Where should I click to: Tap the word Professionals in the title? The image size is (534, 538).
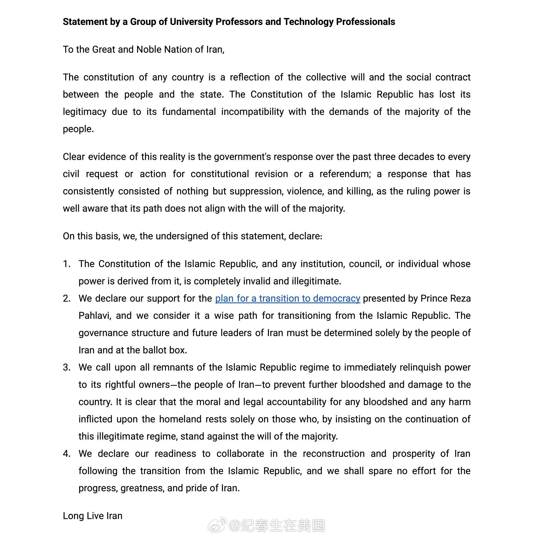click(x=365, y=22)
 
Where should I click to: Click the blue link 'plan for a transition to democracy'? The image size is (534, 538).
click(x=287, y=298)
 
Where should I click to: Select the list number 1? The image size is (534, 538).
click(x=66, y=264)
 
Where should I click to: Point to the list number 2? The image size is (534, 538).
click(x=66, y=298)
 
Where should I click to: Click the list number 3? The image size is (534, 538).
click(x=66, y=367)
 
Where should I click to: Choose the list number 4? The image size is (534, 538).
click(x=66, y=454)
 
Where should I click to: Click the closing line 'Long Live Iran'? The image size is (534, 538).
click(x=92, y=516)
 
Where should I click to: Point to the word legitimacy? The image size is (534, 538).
click(x=84, y=112)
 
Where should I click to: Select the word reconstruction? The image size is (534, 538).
click(x=333, y=454)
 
